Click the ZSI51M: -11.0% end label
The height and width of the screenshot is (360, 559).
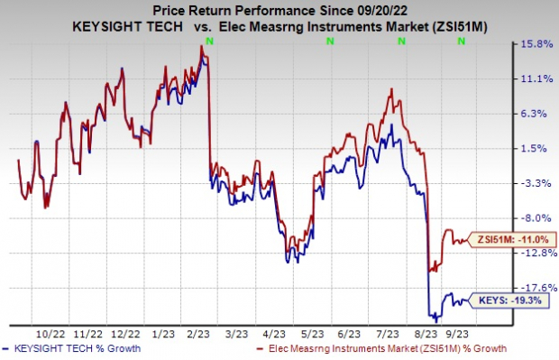point(500,239)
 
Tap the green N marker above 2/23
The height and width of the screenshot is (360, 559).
point(209,42)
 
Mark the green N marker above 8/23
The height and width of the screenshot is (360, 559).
point(428,42)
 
